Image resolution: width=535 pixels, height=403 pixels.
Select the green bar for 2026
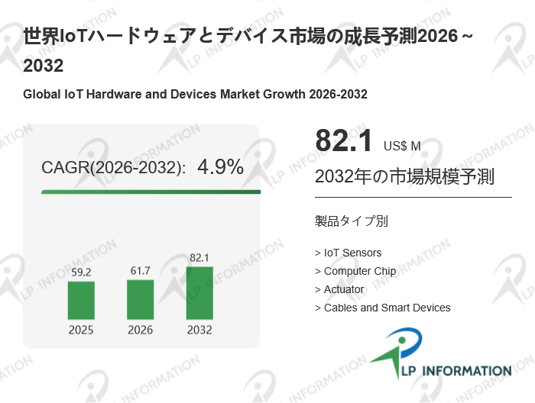point(140,299)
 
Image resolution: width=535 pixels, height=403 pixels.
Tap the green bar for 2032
point(199,293)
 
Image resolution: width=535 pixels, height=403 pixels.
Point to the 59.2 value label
point(81,271)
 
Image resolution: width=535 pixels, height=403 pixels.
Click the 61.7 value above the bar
point(140,270)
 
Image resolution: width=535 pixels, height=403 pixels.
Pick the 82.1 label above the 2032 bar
point(199,257)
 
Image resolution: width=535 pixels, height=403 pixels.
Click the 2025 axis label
point(81,330)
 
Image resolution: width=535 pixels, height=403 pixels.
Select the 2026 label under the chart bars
point(140,330)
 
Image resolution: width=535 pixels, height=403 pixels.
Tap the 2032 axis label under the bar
point(199,330)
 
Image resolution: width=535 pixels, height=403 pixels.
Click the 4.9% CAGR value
point(220,167)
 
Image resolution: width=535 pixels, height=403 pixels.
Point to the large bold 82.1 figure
point(344,141)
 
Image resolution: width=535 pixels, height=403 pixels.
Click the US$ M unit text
point(402,146)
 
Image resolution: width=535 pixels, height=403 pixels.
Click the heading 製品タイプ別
point(351,221)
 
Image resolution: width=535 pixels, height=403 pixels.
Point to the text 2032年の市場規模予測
point(404,177)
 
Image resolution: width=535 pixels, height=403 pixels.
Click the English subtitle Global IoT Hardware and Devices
point(196,95)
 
